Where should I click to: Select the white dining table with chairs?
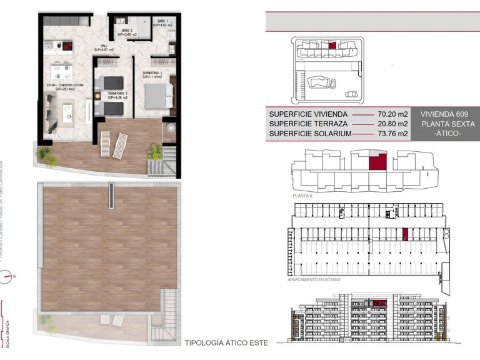60,69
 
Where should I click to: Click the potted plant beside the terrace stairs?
154,151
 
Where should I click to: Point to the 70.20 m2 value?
392,114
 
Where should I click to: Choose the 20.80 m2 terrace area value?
392,124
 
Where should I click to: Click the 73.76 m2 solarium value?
392,134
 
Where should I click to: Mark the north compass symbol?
7,274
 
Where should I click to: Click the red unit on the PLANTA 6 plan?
376,162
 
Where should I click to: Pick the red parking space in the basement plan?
405,234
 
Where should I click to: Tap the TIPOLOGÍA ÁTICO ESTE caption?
226,343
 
